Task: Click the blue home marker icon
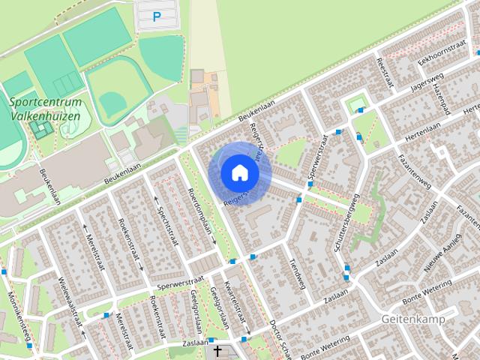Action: click(x=240, y=172)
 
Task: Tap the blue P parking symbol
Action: click(x=157, y=16)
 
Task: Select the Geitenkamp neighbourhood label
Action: click(x=412, y=319)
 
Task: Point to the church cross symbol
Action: click(x=218, y=351)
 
